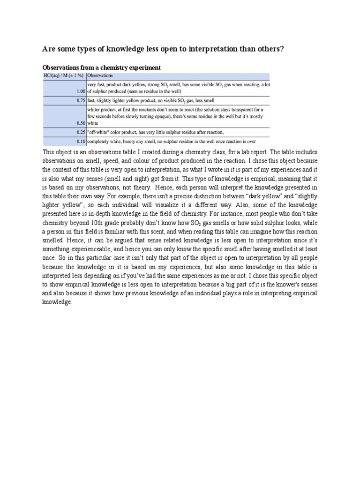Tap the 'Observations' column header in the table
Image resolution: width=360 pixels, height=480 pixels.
[x=101, y=75]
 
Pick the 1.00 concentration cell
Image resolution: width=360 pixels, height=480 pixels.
[x=80, y=92]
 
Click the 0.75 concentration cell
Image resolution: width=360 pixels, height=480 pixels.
[x=80, y=100]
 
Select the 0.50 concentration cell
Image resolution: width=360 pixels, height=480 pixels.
[x=80, y=123]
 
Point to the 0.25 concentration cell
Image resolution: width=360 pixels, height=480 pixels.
[x=80, y=132]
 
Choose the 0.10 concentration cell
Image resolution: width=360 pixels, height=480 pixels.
[x=80, y=141]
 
